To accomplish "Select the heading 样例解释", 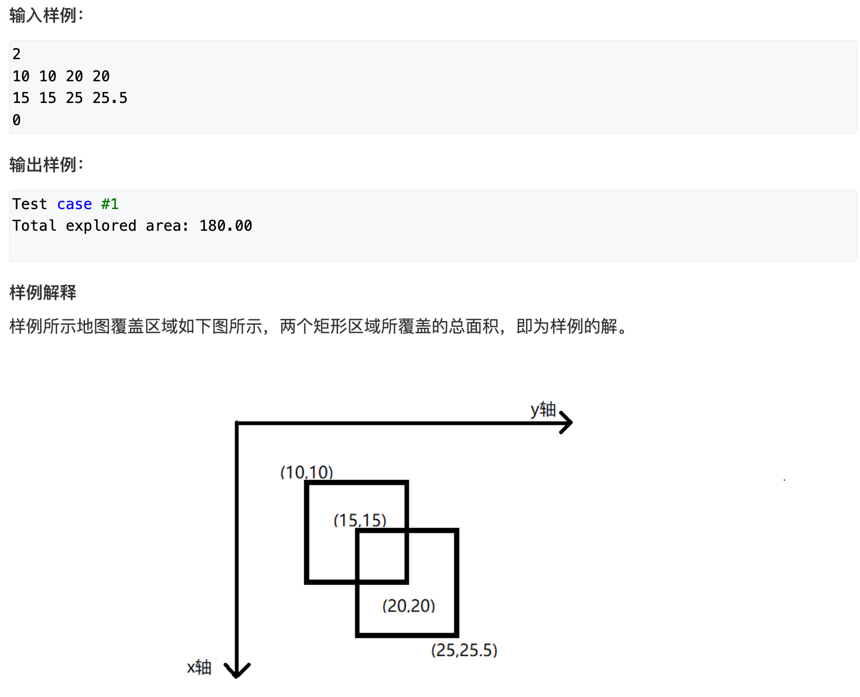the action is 43,292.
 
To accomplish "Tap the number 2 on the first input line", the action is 17,54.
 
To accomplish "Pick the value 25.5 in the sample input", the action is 110,98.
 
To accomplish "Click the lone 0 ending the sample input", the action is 17,120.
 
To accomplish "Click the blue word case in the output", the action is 74,204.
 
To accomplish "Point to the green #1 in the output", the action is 110,204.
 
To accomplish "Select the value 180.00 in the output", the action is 226,225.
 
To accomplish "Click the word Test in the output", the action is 30,204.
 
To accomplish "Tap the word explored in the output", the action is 101,225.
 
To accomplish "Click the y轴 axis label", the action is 543,409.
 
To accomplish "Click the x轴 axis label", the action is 199,667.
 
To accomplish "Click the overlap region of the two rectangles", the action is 382,556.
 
